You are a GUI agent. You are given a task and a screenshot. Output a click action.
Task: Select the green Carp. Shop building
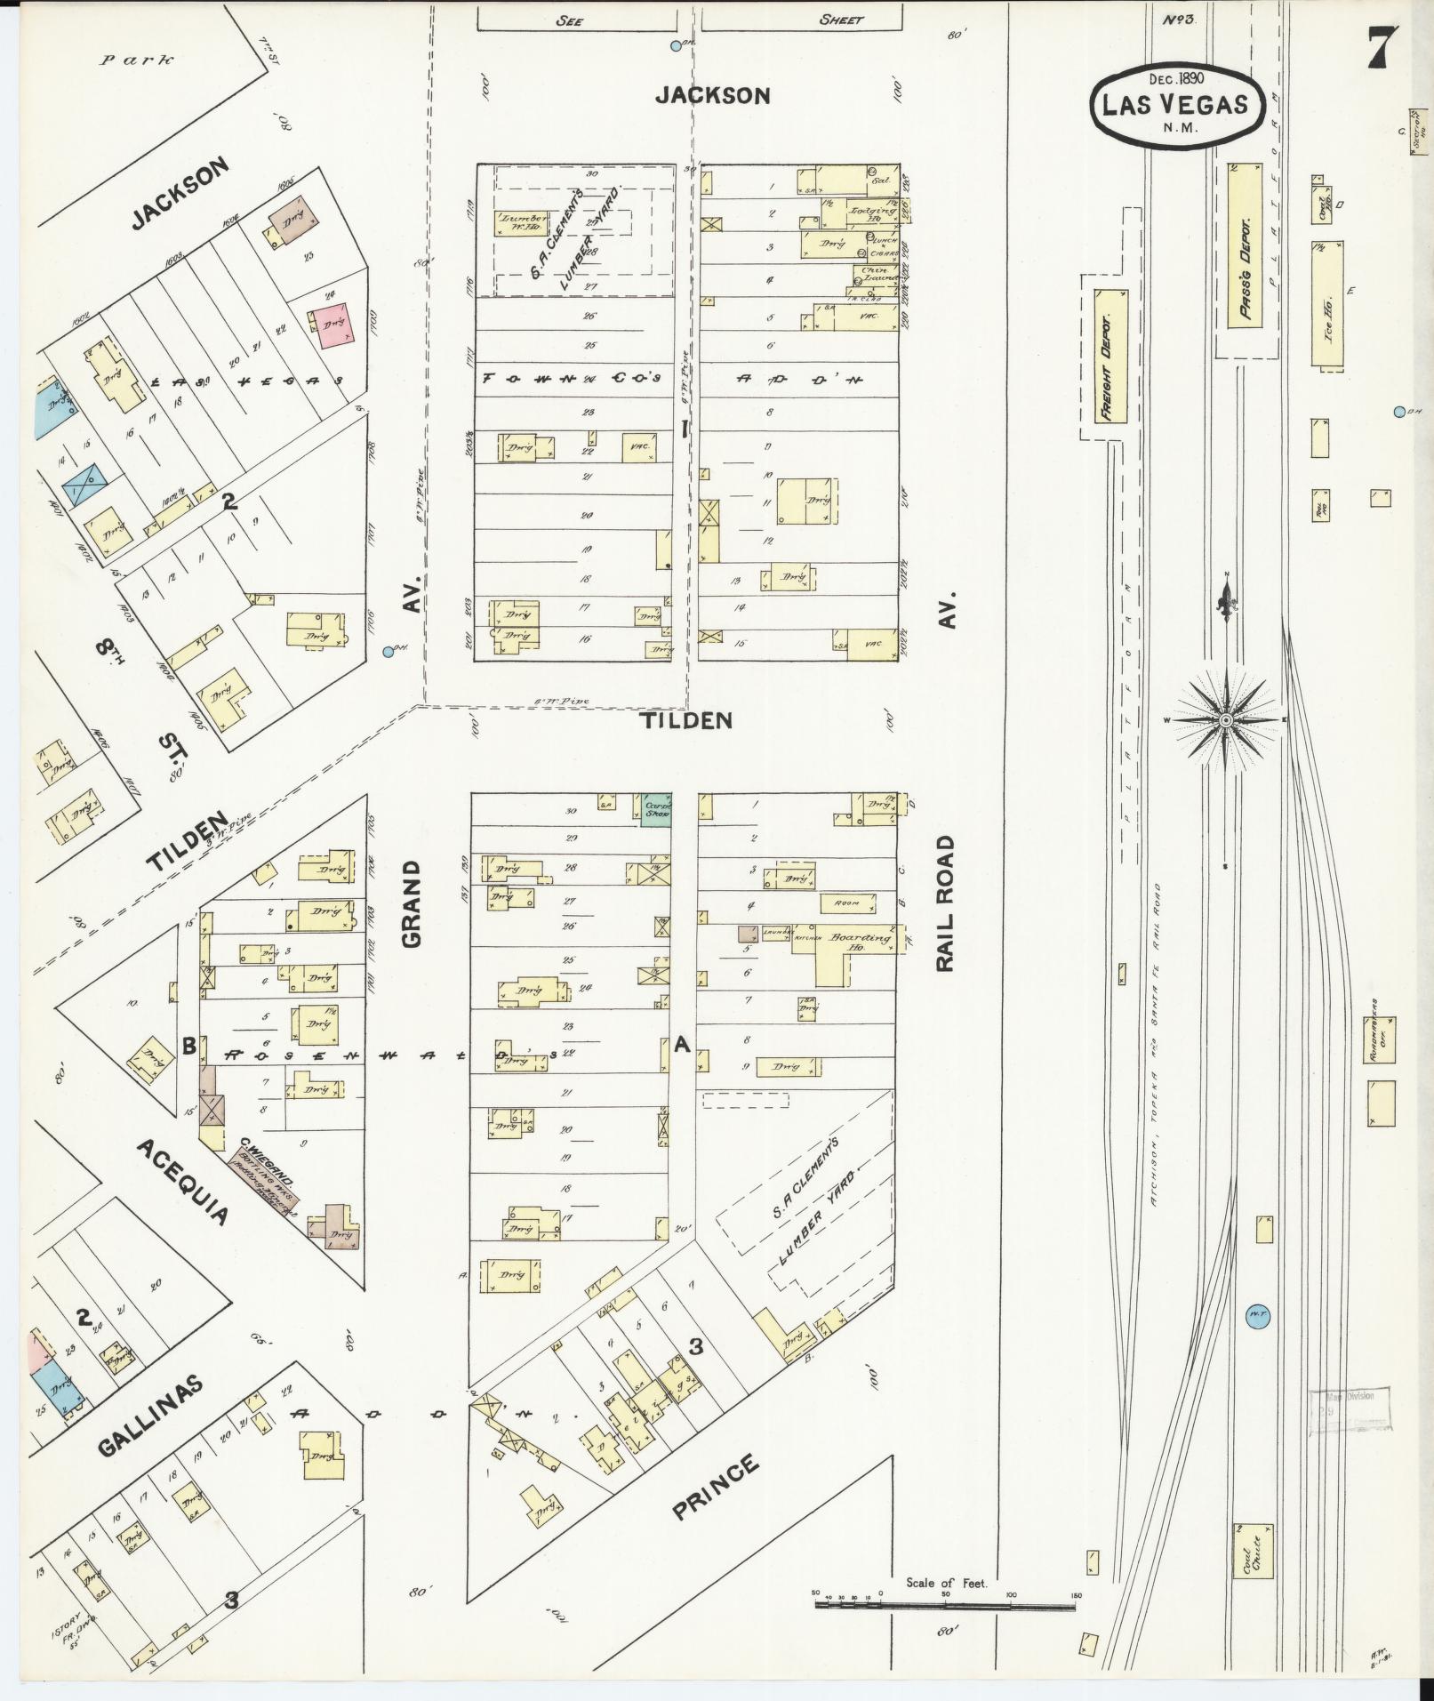[656, 809]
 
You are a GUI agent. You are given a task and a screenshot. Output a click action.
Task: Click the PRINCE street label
[717, 1487]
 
